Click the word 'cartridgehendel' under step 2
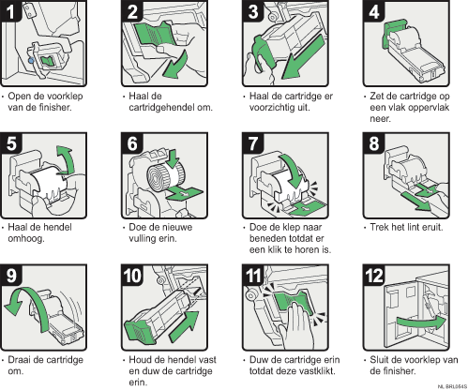[160, 107]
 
